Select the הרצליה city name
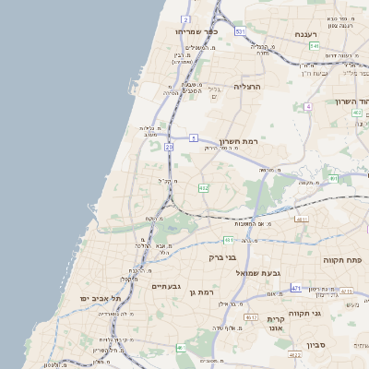point(248,86)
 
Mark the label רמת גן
point(199,292)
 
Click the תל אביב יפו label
point(103,298)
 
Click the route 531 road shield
point(240,32)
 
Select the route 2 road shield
point(186,18)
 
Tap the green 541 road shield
point(314,46)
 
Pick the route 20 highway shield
point(169,147)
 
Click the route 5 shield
point(194,137)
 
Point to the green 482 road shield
point(203,187)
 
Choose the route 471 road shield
point(296,289)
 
